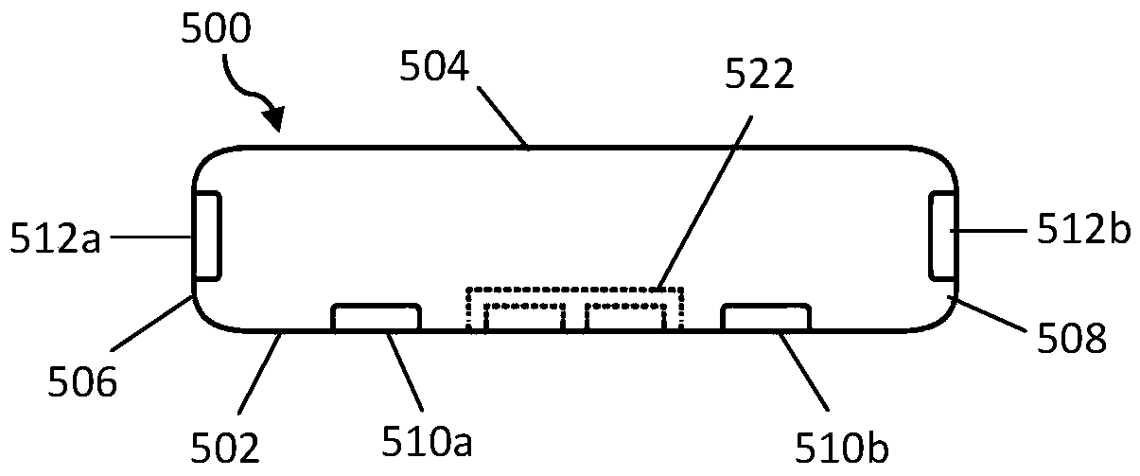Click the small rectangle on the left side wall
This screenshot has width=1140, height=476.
[x=207, y=235]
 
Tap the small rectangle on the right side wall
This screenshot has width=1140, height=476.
[x=941, y=235]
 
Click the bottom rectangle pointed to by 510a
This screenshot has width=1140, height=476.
[x=376, y=317]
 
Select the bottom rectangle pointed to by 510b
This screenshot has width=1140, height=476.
[x=764, y=317]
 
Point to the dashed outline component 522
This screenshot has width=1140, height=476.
[x=574, y=307]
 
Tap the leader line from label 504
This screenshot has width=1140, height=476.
[x=501, y=116]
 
